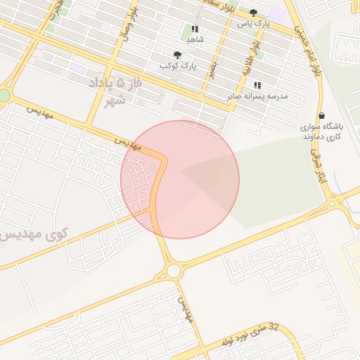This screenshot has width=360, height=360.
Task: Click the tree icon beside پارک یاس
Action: (x=253, y=13)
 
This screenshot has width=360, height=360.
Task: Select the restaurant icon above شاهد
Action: (x=195, y=30)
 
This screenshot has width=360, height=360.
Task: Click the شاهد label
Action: (x=195, y=40)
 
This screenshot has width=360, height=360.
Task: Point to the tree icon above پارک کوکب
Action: (x=176, y=55)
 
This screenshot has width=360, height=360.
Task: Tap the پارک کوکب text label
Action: (x=176, y=65)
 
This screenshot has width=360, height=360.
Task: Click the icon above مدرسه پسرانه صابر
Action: (x=257, y=85)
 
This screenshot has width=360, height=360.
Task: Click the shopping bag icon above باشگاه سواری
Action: (x=321, y=116)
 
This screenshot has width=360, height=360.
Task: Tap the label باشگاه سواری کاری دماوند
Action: (x=322, y=131)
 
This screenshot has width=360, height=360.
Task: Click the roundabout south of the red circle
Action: (x=174, y=271)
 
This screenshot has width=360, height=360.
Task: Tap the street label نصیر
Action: (x=212, y=69)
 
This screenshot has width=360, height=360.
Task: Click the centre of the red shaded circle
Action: (x=180, y=179)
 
